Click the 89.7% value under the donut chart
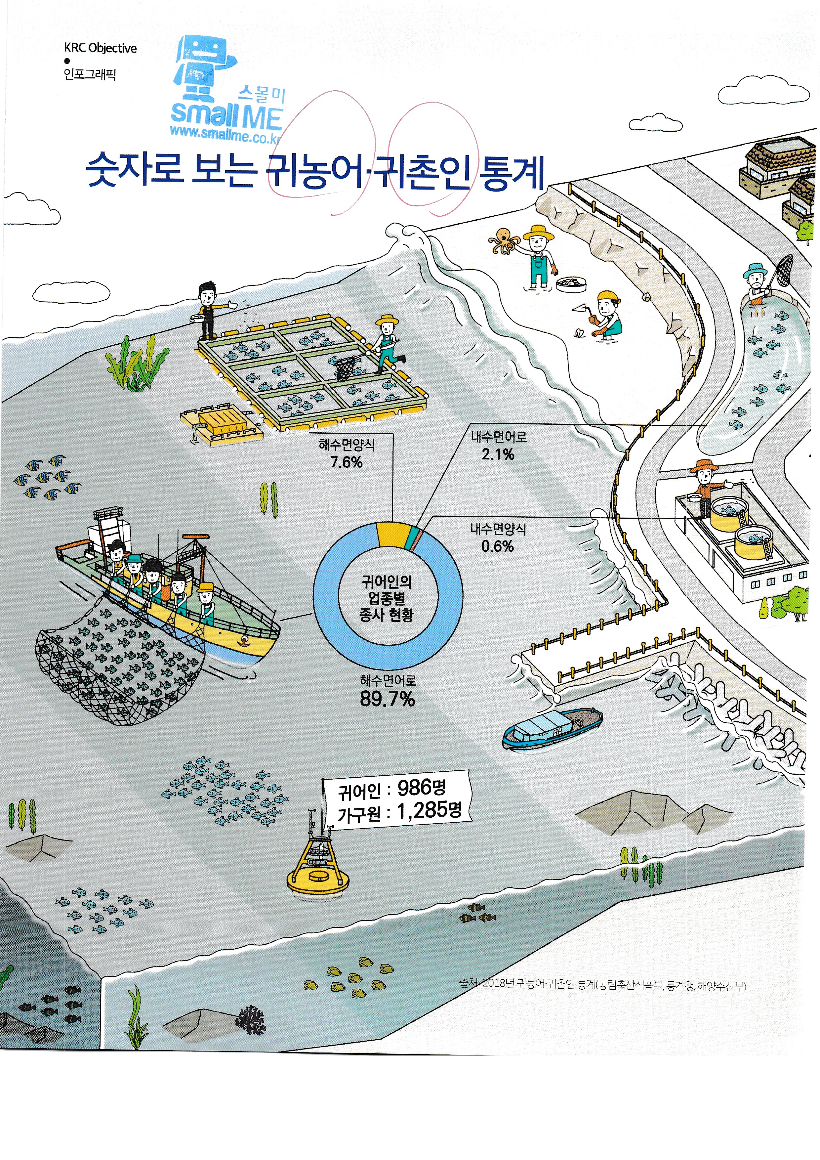[387, 699]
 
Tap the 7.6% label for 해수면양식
[347, 462]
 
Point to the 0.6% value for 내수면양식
[497, 546]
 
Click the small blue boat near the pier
[553, 729]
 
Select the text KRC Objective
[100, 48]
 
